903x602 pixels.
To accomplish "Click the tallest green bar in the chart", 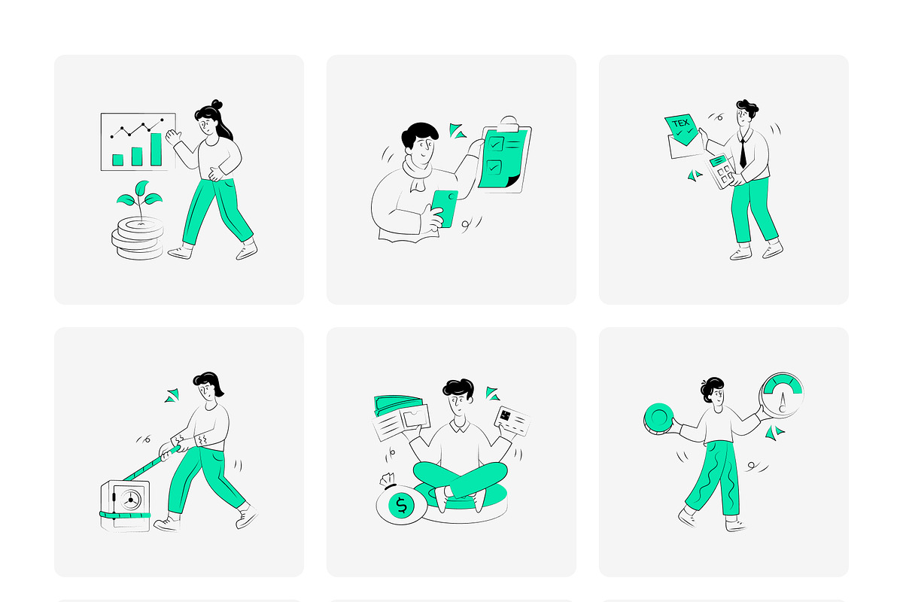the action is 156,149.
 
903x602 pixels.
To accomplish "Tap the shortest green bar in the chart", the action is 117,160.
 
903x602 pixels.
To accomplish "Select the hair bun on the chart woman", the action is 217,105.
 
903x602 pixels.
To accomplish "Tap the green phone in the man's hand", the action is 445,208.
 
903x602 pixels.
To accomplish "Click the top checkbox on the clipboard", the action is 495,144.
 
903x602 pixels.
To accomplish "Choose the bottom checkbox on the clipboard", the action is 494,167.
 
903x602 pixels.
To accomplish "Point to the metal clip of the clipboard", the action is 508,123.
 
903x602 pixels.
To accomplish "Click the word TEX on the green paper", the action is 681,123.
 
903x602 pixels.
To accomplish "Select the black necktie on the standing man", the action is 743,154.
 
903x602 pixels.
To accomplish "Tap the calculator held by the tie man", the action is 721,172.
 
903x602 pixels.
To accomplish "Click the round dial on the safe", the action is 130,500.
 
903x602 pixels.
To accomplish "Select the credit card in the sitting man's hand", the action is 512,421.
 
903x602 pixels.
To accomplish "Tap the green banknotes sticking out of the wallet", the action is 398,404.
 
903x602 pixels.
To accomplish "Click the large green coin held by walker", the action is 658,418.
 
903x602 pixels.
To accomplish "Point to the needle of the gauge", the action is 783,402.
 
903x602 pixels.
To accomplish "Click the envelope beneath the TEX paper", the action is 686,147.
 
